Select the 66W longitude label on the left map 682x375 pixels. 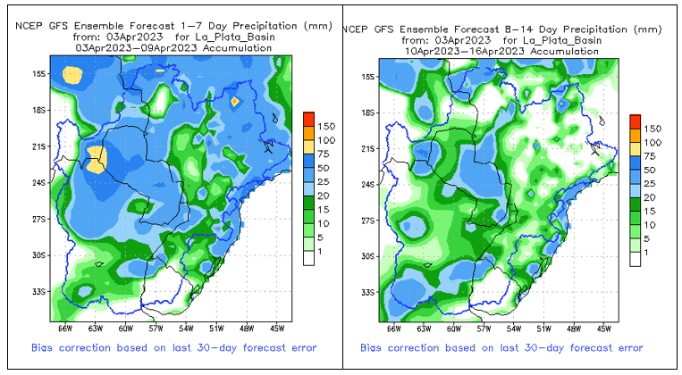click(x=64, y=329)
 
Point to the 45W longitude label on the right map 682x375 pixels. click(x=603, y=329)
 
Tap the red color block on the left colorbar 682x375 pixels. click(x=308, y=119)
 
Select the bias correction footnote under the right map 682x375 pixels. click(x=501, y=347)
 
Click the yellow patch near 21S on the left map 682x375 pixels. click(x=97, y=160)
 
